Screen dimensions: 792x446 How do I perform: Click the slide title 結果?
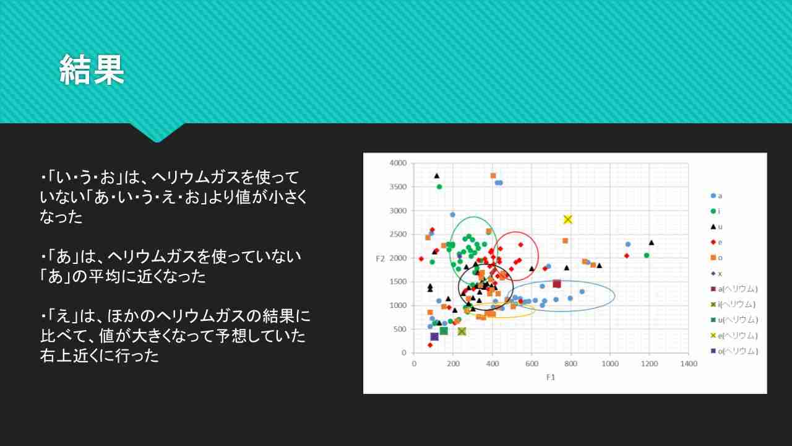pyautogui.click(x=92, y=70)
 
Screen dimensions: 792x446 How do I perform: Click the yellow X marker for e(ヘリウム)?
pyautogui.click(x=568, y=219)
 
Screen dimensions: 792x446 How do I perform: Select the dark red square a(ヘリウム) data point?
pyautogui.click(x=557, y=284)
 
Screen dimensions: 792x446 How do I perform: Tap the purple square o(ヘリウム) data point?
pyautogui.click(x=434, y=336)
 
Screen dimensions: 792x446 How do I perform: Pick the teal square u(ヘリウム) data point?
pyautogui.click(x=444, y=331)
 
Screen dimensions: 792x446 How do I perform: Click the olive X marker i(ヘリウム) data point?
pyautogui.click(x=462, y=331)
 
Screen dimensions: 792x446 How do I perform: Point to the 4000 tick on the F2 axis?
pyautogui.click(x=398, y=163)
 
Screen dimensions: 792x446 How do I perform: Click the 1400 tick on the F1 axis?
pyautogui.click(x=689, y=364)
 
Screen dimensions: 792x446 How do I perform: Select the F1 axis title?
pyautogui.click(x=551, y=377)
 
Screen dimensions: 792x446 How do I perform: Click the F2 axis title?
pyautogui.click(x=380, y=259)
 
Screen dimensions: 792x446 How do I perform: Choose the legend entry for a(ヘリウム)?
pyautogui.click(x=734, y=289)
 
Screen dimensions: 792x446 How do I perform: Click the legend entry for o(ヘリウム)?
pyautogui.click(x=734, y=351)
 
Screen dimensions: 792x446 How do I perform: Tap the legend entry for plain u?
pyautogui.click(x=717, y=227)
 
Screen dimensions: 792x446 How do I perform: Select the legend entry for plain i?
pyautogui.click(x=715, y=211)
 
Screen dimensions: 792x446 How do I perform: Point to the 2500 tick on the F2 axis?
pyautogui.click(x=398, y=234)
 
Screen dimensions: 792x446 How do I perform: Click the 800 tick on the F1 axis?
pyautogui.click(x=570, y=364)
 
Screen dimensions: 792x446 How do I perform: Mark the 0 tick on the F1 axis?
pyautogui.click(x=414, y=364)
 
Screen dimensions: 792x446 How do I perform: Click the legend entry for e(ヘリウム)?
pyautogui.click(x=734, y=336)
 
